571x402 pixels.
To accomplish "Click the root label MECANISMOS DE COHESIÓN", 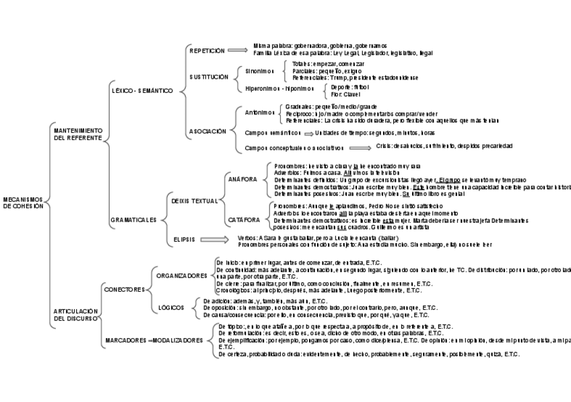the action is point(23,203).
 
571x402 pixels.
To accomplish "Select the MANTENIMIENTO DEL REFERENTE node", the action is point(77,133).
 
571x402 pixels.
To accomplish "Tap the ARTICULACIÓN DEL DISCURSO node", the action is point(76,314).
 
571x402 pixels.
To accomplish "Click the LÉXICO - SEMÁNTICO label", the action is point(141,90).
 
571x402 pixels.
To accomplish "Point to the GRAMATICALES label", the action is point(133,220).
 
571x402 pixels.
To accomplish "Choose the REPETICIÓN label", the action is point(207,51).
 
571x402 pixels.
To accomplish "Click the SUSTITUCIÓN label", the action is point(209,77).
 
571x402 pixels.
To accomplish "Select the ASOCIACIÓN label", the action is point(207,131).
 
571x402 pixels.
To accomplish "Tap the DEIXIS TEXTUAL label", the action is point(195,201).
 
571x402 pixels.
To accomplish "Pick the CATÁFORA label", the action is point(243,220).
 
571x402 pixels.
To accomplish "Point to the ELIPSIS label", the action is point(184,239).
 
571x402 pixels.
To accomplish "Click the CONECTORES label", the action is point(125,290).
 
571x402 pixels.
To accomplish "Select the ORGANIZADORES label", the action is point(182,275).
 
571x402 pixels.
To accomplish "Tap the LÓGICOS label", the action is point(171,308).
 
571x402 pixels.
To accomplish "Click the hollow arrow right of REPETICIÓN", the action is point(238,50).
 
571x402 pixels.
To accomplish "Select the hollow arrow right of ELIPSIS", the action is point(215,239).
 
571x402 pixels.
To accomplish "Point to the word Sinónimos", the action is point(260,71).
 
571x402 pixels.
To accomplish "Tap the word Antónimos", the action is point(260,112).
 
